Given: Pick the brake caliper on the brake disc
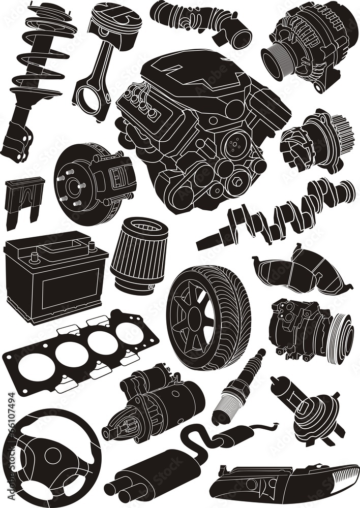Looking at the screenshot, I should [115, 178].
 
